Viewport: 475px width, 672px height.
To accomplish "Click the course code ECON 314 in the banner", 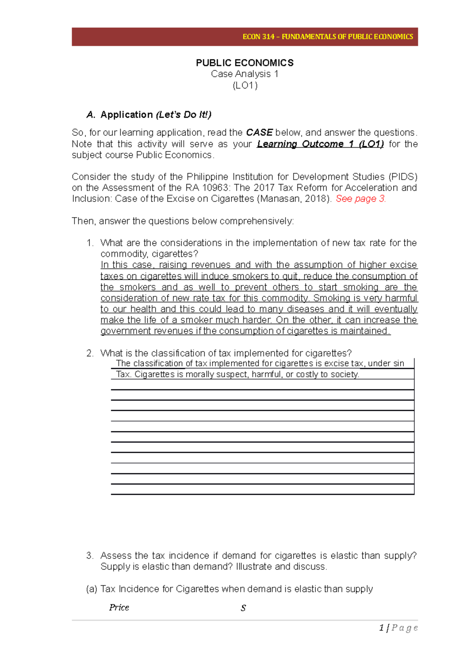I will (x=258, y=37).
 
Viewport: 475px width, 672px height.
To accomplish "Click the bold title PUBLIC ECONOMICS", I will (x=245, y=63).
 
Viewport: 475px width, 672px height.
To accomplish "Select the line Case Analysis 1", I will (x=245, y=74).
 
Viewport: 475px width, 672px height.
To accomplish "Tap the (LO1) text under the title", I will (x=245, y=85).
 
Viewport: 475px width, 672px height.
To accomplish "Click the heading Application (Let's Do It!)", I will (x=156, y=115).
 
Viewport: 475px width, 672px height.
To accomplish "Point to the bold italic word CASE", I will (x=259, y=133).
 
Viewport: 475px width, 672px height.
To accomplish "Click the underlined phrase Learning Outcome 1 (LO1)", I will (x=320, y=144).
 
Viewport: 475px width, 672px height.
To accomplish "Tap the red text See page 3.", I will (x=361, y=199).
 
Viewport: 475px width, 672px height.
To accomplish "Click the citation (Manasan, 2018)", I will (x=294, y=199).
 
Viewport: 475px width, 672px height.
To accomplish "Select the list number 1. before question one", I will (x=90, y=243).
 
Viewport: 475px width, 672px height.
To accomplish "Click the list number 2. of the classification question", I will (x=90, y=353).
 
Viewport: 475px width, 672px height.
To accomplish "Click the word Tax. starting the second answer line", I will (x=123, y=374).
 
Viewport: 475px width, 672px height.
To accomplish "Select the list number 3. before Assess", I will (x=90, y=556).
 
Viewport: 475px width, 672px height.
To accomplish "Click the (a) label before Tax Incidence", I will (x=91, y=589).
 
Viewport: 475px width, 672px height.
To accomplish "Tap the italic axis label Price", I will (x=119, y=607).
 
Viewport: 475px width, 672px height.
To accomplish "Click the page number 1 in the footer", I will (x=381, y=628).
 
